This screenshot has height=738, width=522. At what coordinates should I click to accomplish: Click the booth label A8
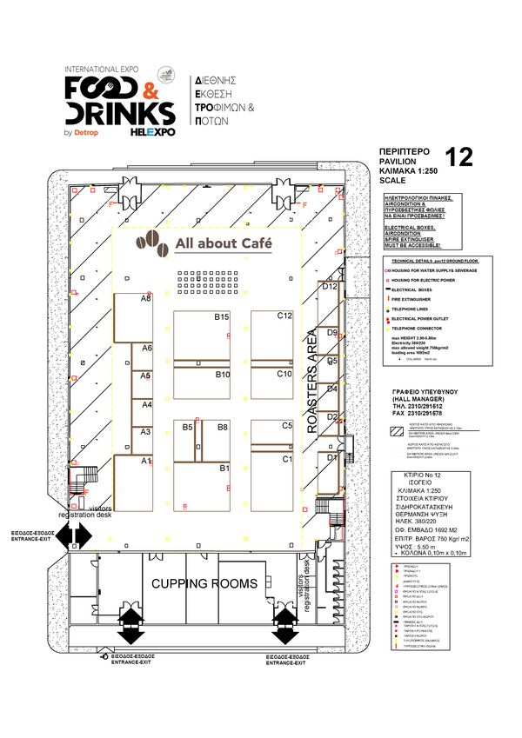point(146,298)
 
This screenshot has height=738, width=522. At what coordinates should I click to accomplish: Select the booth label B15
point(222,316)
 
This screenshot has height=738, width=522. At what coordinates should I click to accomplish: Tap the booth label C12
point(284,316)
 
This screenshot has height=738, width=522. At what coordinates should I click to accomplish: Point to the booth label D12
point(330,286)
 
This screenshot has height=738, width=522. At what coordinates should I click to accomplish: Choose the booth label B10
point(222,375)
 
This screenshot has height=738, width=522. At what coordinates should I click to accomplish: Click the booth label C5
point(286,426)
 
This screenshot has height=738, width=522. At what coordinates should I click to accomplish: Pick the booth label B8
point(223,428)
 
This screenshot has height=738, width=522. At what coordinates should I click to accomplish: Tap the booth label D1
point(331,457)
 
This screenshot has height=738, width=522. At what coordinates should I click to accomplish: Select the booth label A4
point(146,405)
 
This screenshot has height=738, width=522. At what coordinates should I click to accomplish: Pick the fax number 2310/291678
point(421,414)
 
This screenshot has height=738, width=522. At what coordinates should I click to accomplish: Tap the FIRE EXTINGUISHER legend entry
point(418,299)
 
